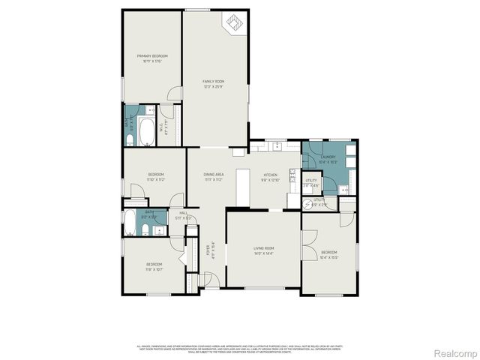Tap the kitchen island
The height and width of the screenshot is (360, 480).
tap(241, 186)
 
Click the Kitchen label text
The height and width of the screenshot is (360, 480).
tap(270, 177)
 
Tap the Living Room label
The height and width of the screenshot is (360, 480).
tap(263, 250)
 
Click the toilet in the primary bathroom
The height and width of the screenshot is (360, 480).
tap(128, 137)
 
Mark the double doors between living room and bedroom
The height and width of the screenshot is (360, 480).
tap(302, 247)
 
